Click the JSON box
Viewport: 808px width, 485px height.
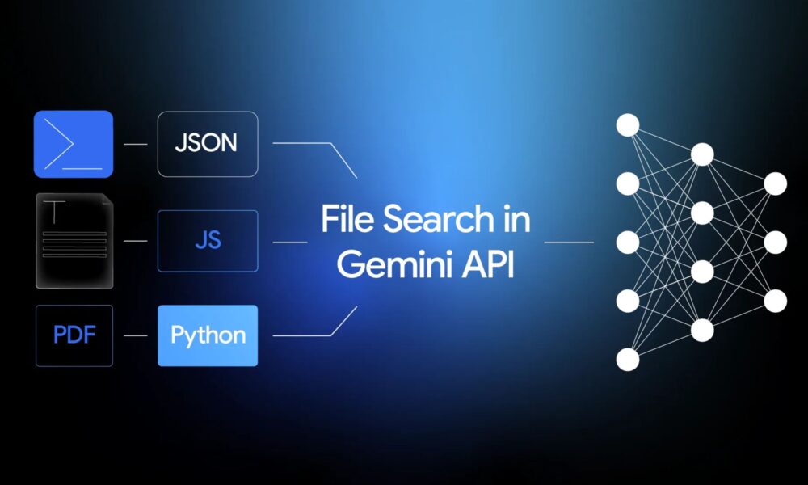(x=208, y=144)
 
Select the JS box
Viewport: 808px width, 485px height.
(x=208, y=241)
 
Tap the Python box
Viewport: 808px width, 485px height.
(x=208, y=335)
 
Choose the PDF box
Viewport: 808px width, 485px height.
(x=74, y=335)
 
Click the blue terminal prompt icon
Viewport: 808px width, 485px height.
(x=74, y=144)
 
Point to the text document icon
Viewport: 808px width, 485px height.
(x=74, y=241)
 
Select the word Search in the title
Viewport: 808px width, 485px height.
(x=439, y=218)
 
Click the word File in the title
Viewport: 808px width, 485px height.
(x=347, y=218)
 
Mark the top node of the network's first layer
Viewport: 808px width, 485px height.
(x=628, y=125)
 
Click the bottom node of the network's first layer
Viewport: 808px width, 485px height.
(x=628, y=359)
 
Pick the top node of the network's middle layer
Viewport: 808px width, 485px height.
(x=702, y=154)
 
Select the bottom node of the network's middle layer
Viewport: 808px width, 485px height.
(x=702, y=331)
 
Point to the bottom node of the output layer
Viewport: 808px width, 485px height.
(x=776, y=301)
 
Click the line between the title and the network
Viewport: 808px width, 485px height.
(x=569, y=242)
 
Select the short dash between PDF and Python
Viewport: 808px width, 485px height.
(x=136, y=335)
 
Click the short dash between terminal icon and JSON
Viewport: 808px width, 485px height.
(x=136, y=144)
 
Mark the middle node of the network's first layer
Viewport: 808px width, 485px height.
(x=628, y=242)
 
